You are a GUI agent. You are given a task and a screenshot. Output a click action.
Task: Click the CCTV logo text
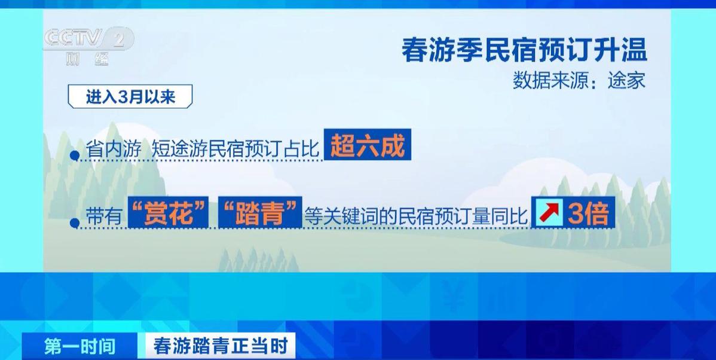click(x=73, y=38)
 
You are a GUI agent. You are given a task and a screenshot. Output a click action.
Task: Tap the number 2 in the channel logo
click(x=119, y=39)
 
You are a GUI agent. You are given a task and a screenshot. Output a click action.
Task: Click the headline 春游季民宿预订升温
click(x=524, y=50)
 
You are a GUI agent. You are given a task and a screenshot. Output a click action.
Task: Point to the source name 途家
click(x=626, y=81)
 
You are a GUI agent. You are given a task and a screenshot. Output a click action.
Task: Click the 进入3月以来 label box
click(x=130, y=96)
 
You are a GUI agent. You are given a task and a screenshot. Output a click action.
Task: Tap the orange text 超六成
click(x=368, y=145)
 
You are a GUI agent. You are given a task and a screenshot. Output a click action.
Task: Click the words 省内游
click(x=113, y=150)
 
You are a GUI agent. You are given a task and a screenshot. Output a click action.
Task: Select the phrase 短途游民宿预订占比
click(x=235, y=150)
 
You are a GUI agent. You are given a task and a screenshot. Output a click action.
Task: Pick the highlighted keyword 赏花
click(x=168, y=212)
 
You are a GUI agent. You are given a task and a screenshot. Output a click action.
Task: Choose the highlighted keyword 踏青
click(x=260, y=212)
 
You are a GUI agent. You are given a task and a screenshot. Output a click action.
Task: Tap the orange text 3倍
click(x=588, y=212)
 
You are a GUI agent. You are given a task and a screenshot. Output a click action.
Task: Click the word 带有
click(x=104, y=215)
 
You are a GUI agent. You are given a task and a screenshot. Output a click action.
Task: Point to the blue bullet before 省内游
click(x=75, y=156)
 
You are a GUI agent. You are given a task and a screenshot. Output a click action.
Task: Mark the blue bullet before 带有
click(x=75, y=223)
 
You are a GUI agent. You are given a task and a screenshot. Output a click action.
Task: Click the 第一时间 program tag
click(x=79, y=346)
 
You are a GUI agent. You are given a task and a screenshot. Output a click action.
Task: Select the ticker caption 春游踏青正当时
click(x=221, y=346)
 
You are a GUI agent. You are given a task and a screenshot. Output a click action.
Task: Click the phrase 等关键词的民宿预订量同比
click(x=416, y=215)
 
